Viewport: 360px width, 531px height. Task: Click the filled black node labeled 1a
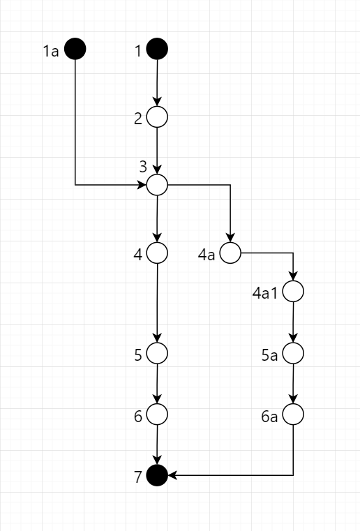point(75,49)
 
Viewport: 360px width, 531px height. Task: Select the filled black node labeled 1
point(157,49)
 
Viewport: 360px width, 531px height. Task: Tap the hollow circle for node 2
point(157,117)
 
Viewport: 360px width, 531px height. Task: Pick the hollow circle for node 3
point(157,185)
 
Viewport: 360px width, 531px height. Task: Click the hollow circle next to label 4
point(157,253)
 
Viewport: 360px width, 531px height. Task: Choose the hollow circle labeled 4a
point(230,253)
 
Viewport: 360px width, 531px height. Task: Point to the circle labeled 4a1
point(293,292)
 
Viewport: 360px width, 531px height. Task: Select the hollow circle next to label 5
point(157,353)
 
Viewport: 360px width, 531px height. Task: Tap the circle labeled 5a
point(293,353)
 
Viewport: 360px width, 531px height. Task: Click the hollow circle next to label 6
point(157,415)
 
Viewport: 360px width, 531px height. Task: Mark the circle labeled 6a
point(293,415)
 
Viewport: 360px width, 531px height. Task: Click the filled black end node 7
point(157,476)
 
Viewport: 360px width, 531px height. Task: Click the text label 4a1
point(265,292)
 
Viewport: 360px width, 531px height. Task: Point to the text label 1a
point(50,50)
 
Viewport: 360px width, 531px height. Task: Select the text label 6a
point(270,417)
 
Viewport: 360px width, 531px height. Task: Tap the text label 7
point(138,477)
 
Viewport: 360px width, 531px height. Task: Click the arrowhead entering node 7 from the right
point(172,476)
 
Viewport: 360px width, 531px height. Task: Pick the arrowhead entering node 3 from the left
point(142,185)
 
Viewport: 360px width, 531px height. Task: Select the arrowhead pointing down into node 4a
point(230,238)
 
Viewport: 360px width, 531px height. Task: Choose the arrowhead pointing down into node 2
point(157,103)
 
